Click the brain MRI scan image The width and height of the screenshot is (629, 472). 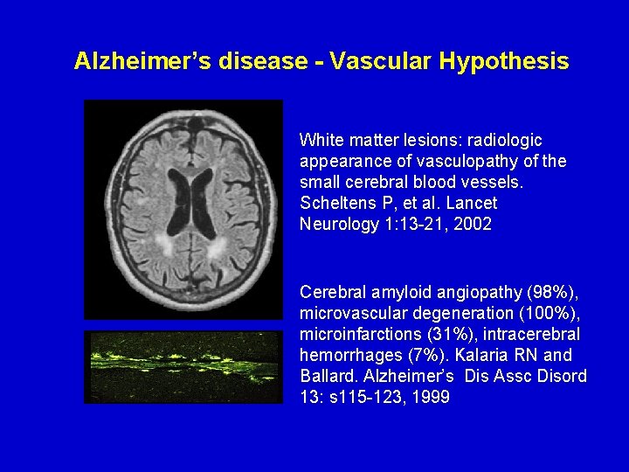pos(183,210)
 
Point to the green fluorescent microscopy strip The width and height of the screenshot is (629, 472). pos(183,367)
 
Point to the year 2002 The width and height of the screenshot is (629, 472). pos(474,224)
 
